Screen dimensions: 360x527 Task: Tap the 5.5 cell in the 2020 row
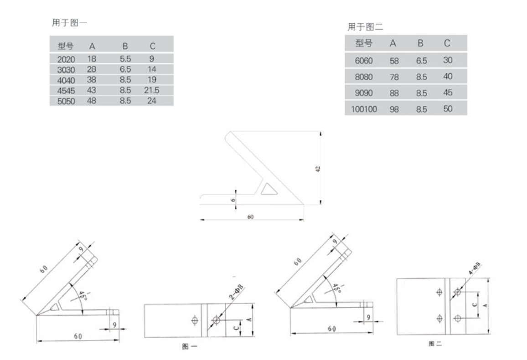125,59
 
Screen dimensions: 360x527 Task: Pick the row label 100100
364,109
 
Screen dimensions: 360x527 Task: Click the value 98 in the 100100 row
394,109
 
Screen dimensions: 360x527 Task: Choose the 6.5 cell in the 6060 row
421,60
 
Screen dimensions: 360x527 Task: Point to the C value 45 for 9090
447,93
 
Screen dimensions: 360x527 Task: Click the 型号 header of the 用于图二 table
364,43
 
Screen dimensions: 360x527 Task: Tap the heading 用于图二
365,28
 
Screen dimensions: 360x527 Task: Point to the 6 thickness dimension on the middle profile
232,199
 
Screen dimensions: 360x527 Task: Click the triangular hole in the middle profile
269,189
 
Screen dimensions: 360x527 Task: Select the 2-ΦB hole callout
236,295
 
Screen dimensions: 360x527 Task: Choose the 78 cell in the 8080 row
394,77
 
